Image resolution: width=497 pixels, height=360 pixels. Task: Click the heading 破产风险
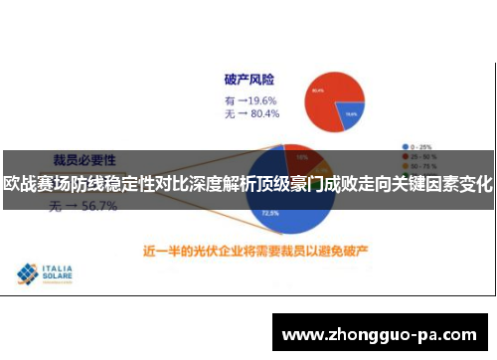point(248,79)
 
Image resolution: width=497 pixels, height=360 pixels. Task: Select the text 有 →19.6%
point(251,99)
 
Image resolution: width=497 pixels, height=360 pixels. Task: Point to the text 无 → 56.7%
point(84,207)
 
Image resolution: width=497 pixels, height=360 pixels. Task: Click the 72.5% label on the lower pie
point(269,212)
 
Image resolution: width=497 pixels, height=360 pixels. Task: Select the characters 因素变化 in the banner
point(463,184)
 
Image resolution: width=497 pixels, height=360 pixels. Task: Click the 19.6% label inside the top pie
point(351,114)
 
